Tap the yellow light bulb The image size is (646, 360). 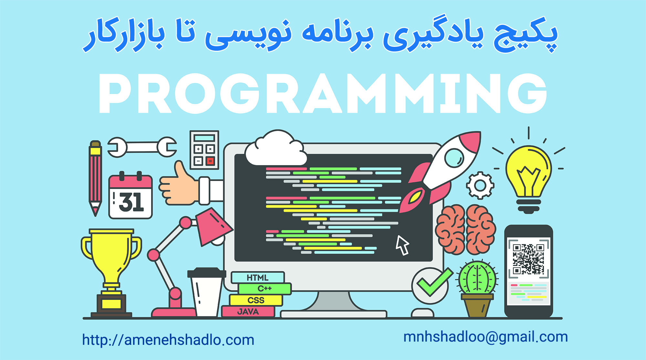[x=528, y=178]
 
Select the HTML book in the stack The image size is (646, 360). [x=258, y=277]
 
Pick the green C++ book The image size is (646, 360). [x=265, y=289]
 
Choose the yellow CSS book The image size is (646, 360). [x=256, y=300]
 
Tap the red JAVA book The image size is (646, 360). [x=248, y=312]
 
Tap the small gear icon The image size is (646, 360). [x=480, y=185]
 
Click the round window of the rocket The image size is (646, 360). [x=454, y=158]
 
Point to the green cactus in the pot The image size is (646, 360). [x=477, y=277]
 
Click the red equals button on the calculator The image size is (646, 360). [x=210, y=161]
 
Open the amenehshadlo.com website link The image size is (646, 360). [x=168, y=340]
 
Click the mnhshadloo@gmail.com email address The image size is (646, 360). [x=485, y=337]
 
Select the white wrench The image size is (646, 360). [x=142, y=147]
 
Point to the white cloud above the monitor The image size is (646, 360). [x=276, y=149]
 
